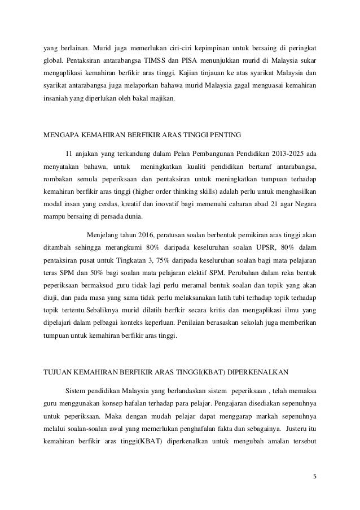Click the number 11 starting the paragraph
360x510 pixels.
coord(69,154)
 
